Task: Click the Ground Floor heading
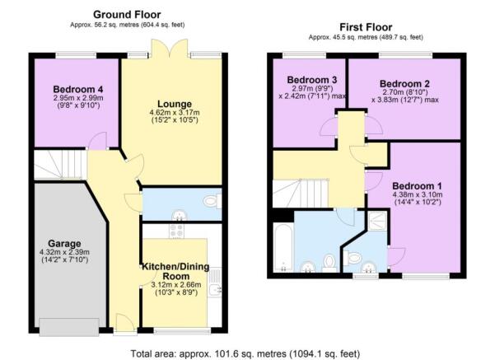[127, 15]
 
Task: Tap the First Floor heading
[366, 27]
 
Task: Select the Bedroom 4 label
[78, 89]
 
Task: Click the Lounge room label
[175, 104]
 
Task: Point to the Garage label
[64, 244]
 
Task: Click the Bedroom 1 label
[417, 185]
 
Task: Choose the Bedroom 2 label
[404, 84]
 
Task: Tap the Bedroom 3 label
[312, 80]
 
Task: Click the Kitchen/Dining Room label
[175, 271]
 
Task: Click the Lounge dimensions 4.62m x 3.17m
[175, 112]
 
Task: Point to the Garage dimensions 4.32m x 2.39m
[64, 252]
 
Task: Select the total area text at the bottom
[245, 353]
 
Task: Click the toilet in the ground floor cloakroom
[212, 201]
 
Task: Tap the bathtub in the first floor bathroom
[283, 247]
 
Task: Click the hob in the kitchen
[177, 231]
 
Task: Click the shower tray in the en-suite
[377, 221]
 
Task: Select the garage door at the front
[69, 327]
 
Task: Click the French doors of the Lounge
[169, 49]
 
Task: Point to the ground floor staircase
[60, 164]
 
